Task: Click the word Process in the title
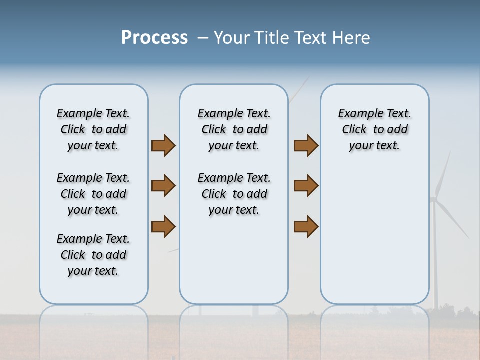(154, 38)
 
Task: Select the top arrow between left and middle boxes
(163, 145)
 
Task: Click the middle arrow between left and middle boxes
(163, 186)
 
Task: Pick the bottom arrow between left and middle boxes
(163, 226)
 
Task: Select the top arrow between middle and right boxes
(306, 145)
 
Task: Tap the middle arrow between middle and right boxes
(306, 186)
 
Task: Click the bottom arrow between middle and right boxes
(306, 226)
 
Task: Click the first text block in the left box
(93, 129)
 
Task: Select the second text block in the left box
(93, 194)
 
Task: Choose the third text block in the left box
(93, 255)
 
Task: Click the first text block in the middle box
(234, 129)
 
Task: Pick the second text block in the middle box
(234, 194)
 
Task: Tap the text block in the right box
(374, 129)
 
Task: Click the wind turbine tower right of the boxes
(434, 260)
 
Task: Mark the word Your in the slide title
(232, 38)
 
